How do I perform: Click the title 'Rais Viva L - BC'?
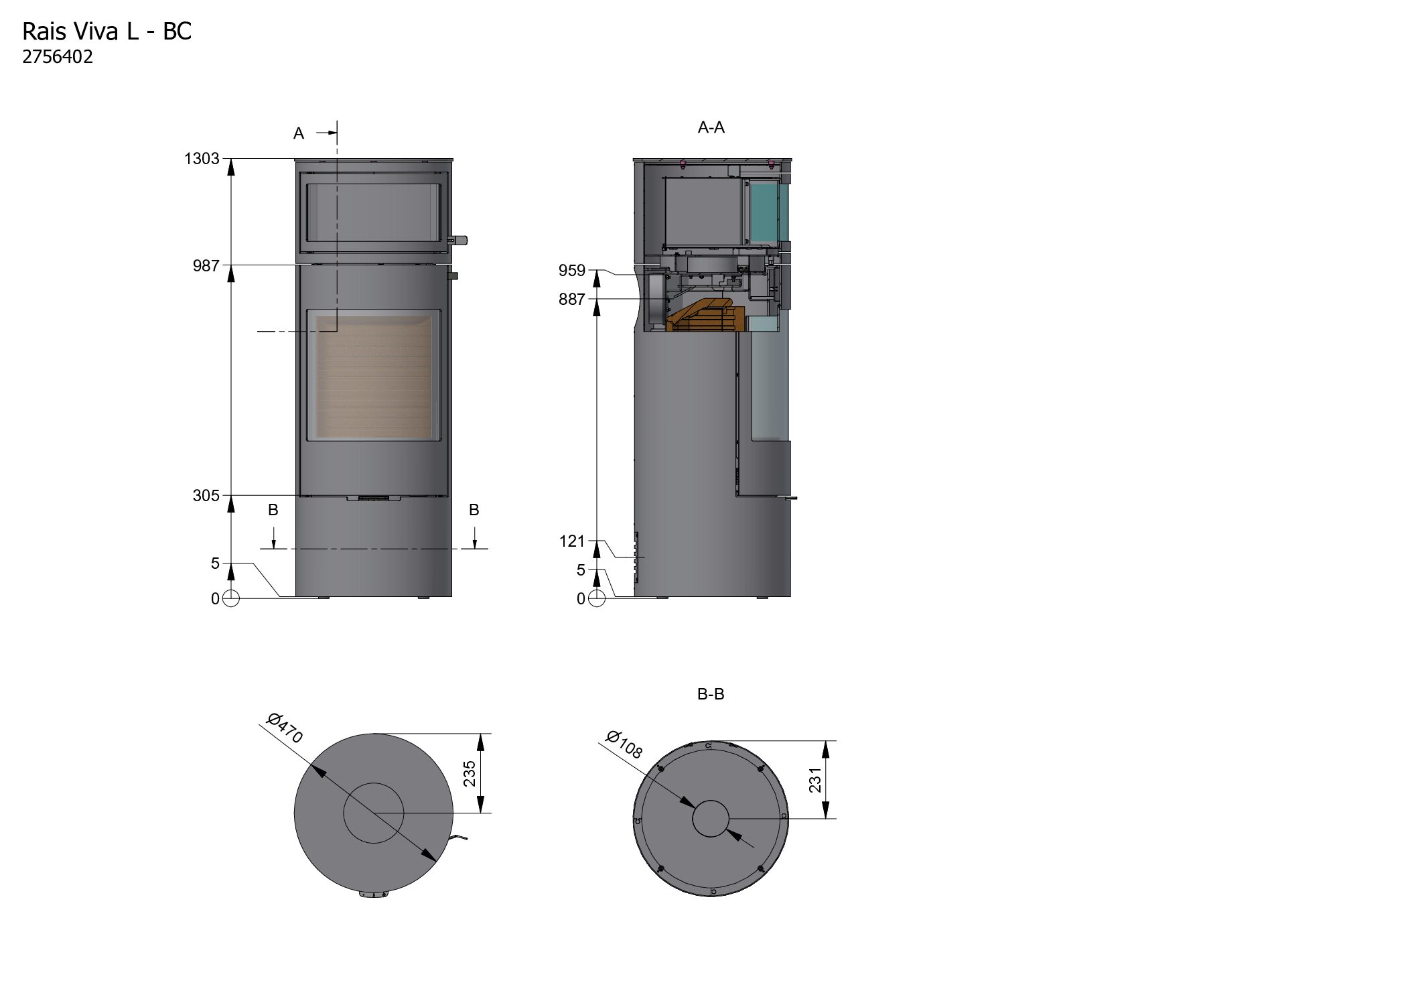point(107,31)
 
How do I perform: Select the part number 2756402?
point(58,57)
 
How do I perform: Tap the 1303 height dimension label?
point(202,159)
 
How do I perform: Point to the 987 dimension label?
point(206,266)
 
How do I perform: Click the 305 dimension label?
point(206,496)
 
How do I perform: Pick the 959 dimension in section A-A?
point(572,271)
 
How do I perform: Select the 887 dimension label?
point(572,299)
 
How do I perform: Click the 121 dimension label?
point(573,541)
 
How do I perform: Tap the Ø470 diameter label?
point(285,728)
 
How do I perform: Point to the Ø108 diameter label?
point(624,744)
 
